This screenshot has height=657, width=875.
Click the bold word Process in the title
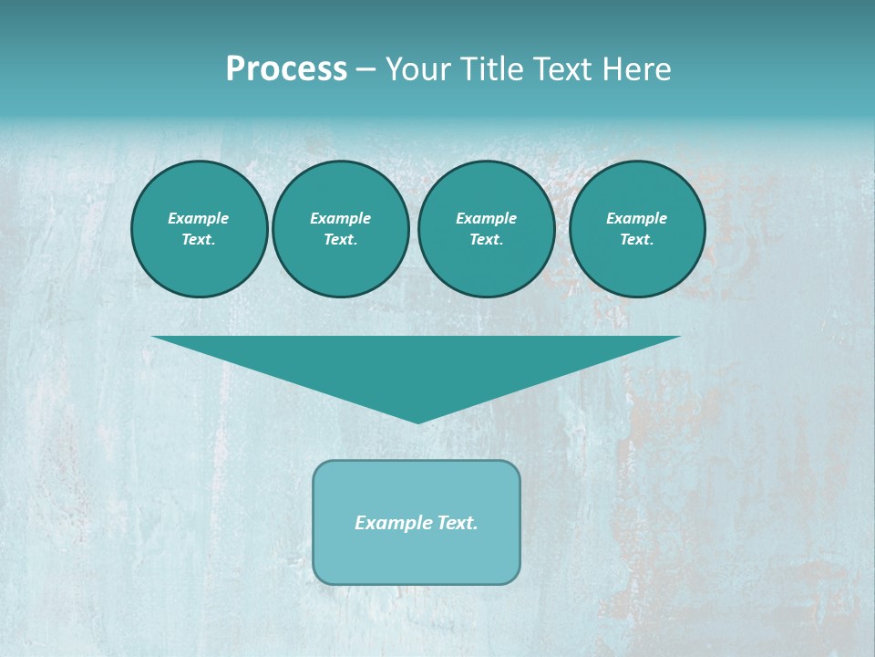(x=286, y=69)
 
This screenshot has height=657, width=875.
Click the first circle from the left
(x=199, y=229)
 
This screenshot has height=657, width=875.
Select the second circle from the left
(x=340, y=229)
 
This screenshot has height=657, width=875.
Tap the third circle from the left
(x=486, y=229)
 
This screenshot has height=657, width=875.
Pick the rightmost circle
(x=636, y=229)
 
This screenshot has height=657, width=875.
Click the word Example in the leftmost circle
(x=199, y=218)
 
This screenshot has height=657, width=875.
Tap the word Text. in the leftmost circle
(x=199, y=240)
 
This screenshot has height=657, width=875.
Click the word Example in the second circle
(x=340, y=218)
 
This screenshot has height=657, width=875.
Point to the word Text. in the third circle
(x=486, y=240)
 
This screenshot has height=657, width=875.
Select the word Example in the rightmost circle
(x=636, y=218)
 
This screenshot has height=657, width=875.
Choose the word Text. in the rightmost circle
(x=636, y=240)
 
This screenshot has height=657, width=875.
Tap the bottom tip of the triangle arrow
(x=417, y=421)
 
